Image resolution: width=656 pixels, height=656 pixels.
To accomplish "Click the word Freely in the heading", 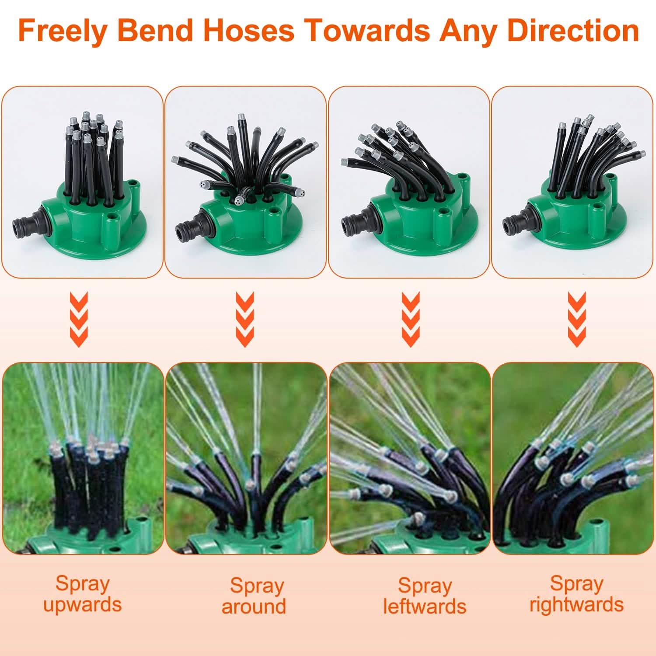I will coord(63,31).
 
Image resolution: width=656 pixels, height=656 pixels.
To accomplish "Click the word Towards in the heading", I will coord(366,31).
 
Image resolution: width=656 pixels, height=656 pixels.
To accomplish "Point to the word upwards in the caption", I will coord(82,605).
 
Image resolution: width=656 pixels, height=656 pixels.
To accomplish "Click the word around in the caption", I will coord(254,607).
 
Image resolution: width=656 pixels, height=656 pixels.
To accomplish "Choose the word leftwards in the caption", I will coord(425,607).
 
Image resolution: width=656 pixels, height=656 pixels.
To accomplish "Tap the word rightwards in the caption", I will coord(576,605).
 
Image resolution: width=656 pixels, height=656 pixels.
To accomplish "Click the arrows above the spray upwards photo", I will coord(79,320).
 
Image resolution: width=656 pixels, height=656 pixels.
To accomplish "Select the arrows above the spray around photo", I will coord(245,320).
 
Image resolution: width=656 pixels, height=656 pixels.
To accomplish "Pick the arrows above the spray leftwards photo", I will coord(411,320).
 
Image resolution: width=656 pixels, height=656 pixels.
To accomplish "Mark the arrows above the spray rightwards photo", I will coord(577,320).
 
